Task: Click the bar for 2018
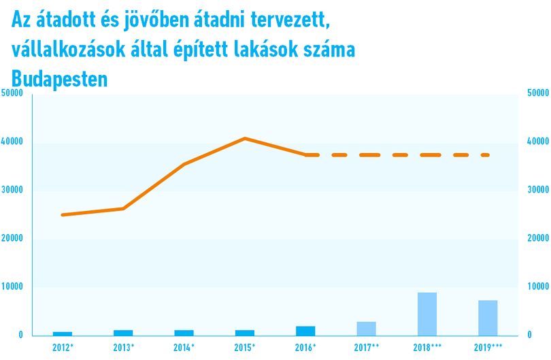427,314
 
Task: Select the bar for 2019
488,318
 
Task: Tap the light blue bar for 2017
366,329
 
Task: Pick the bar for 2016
305,331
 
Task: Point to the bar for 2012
63,333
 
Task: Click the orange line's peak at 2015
245,139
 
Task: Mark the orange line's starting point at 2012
63,214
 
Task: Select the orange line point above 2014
184,164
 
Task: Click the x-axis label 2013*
124,348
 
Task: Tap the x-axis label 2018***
427,348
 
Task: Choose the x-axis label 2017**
367,348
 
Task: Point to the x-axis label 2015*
245,348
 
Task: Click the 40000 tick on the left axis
12,142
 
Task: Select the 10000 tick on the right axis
538,287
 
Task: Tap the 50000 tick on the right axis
538,93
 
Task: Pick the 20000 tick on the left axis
12,238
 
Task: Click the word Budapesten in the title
59,79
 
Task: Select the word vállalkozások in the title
69,50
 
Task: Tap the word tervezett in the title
290,20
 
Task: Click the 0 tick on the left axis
20,335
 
